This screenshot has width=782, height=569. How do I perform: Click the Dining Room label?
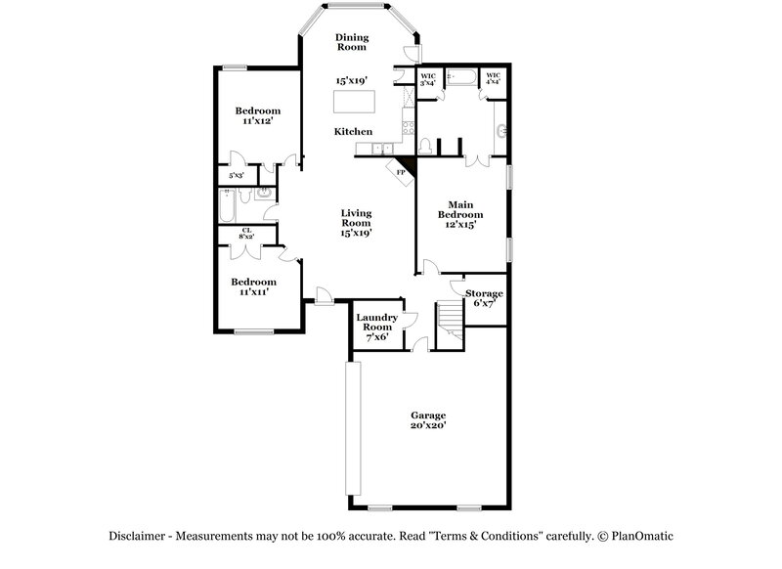coord(352,42)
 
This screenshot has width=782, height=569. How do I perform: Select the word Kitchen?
coord(353,131)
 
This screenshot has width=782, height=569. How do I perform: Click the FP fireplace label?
coord(401,172)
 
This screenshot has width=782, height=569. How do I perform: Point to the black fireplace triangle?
coord(408,166)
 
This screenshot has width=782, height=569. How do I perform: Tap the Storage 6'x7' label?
coord(484,298)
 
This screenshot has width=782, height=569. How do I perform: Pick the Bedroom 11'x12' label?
coord(257,116)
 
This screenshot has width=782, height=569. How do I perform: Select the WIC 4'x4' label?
coord(493,79)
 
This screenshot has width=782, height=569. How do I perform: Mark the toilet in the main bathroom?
coord(425,147)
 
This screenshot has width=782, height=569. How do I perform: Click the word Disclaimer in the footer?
coord(136,536)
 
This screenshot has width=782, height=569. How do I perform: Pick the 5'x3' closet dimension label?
coord(236,176)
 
